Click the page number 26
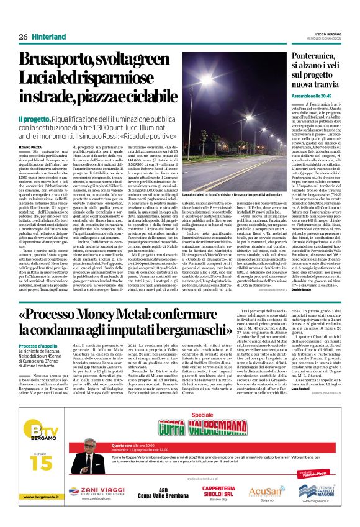coord(23,37)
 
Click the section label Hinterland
coord(49,37)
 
